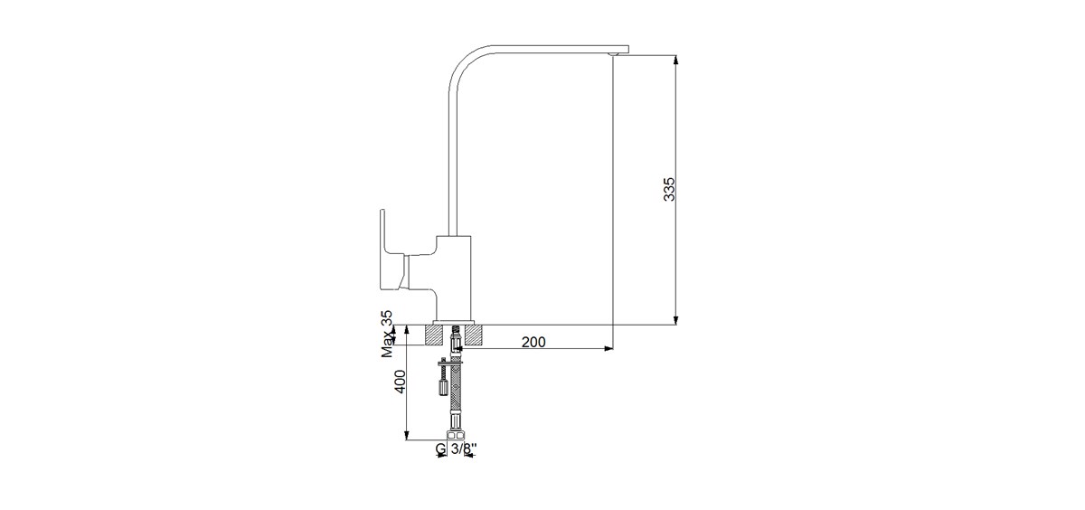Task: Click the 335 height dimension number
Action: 669,189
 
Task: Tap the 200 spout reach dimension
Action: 533,342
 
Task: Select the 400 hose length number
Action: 400,382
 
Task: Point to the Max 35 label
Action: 387,335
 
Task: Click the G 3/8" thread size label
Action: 456,449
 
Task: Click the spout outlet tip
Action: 613,54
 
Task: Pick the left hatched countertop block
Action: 433,335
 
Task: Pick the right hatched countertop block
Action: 474,335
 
